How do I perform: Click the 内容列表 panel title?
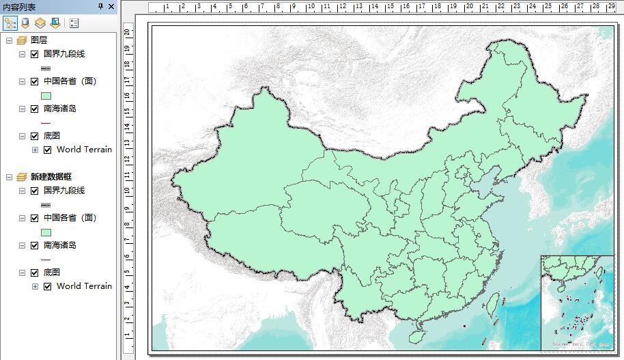point(19,7)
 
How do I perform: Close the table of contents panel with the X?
point(111,7)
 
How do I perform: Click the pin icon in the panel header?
point(101,7)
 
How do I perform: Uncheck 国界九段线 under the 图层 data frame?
point(34,54)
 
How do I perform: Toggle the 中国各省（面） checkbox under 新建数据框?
point(34,218)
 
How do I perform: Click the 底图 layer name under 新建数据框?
point(52,273)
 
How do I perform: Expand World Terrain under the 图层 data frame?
point(35,150)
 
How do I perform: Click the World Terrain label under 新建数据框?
point(84,286)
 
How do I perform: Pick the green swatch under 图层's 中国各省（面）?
point(46,96)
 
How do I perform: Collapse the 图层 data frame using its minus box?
point(9,40)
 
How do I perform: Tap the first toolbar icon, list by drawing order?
point(10,23)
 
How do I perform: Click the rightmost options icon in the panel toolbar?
point(74,23)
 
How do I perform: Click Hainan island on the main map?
point(416,336)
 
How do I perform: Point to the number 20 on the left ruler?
point(127,31)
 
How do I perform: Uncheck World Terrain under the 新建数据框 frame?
point(47,286)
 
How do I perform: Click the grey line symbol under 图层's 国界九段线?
point(46,68)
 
